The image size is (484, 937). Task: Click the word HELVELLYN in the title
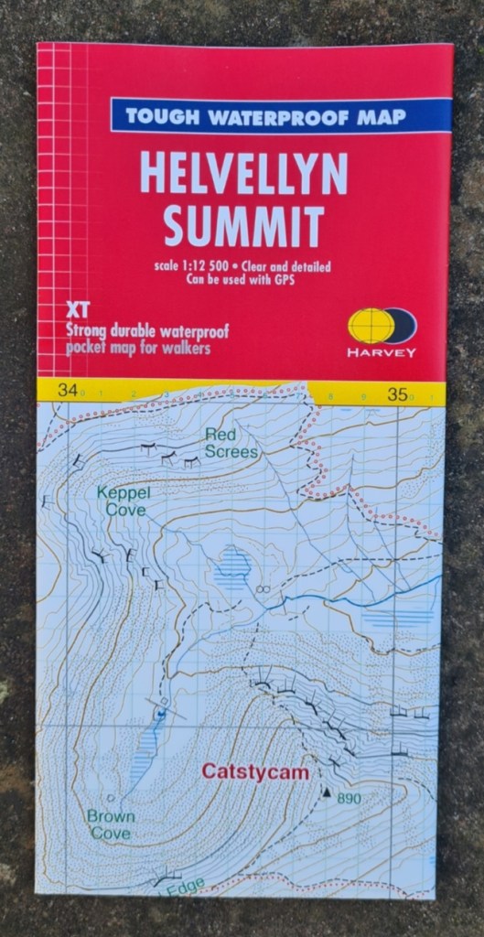[x=243, y=174]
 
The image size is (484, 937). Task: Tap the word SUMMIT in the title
[x=243, y=224]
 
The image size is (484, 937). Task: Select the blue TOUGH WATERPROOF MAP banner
[x=281, y=115]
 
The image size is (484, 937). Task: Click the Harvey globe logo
[x=382, y=327]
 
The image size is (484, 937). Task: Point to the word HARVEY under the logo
[x=382, y=352]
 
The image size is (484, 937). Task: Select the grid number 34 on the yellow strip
[x=67, y=391]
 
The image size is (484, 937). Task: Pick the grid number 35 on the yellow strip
[x=397, y=394]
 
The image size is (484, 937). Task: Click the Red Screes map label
[x=231, y=442]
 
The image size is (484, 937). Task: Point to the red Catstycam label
[x=255, y=772]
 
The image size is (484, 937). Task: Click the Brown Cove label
[x=111, y=824]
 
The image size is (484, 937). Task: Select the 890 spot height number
[x=349, y=799]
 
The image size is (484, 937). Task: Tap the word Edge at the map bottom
[x=184, y=885]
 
